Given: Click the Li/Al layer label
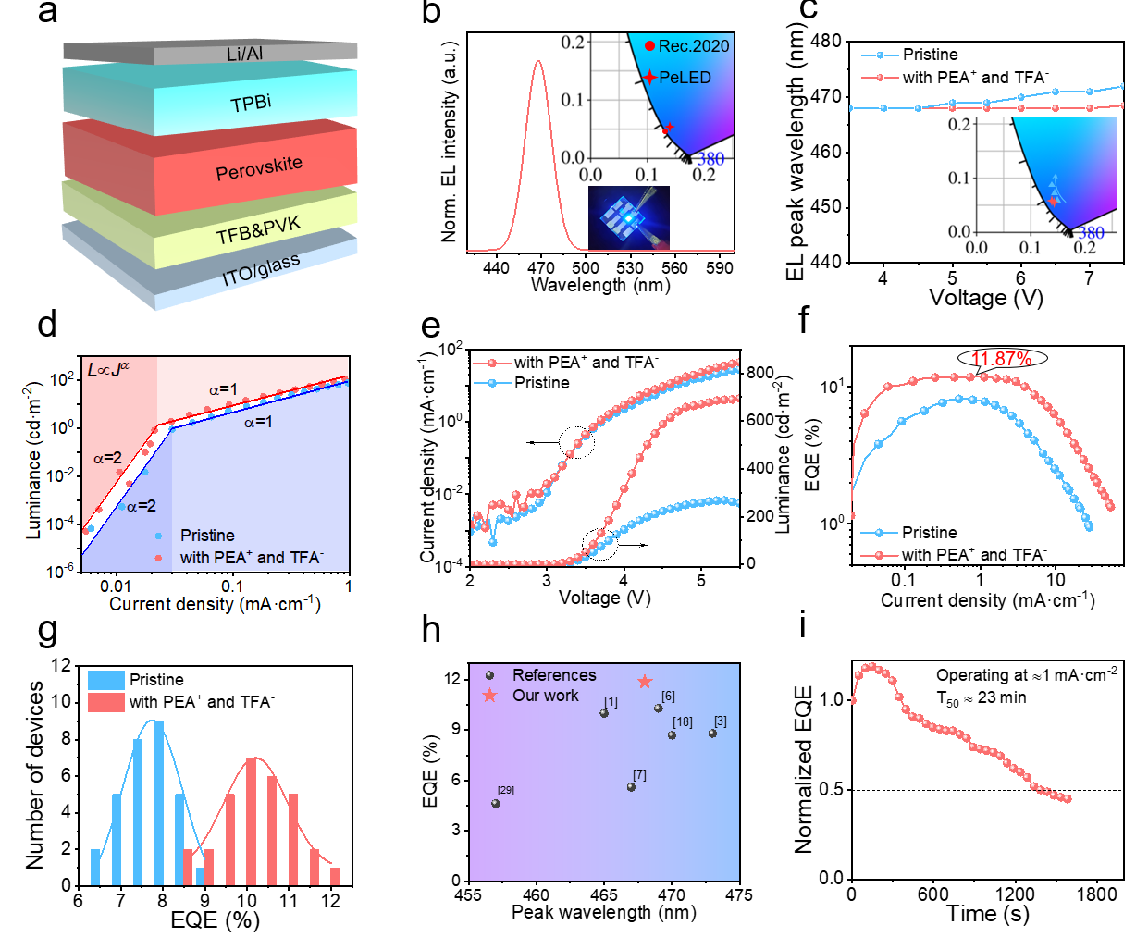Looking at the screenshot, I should tap(245, 54).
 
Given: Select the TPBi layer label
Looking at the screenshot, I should tap(251, 102).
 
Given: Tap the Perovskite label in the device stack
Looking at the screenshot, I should tap(259, 168).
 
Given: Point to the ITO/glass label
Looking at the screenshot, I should tap(261, 270).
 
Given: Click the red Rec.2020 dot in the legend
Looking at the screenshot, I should tap(650, 45).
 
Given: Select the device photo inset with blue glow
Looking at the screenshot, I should tap(628, 217).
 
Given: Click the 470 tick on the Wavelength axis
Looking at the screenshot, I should tap(540, 268).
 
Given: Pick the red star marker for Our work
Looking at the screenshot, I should tap(645, 682).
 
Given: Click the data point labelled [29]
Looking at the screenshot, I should tap(496, 804).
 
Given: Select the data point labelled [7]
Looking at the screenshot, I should tap(631, 787).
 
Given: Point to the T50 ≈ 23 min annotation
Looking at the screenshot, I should tap(982, 698).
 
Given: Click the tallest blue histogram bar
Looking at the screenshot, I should tap(159, 803).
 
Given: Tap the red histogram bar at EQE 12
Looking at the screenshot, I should tap(335, 876).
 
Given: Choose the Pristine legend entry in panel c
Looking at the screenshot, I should tap(930, 55).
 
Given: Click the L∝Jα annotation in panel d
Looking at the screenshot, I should tap(108, 370).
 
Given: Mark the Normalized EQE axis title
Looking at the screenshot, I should tap(803, 770).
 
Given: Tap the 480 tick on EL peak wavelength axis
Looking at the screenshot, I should tap(826, 41).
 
